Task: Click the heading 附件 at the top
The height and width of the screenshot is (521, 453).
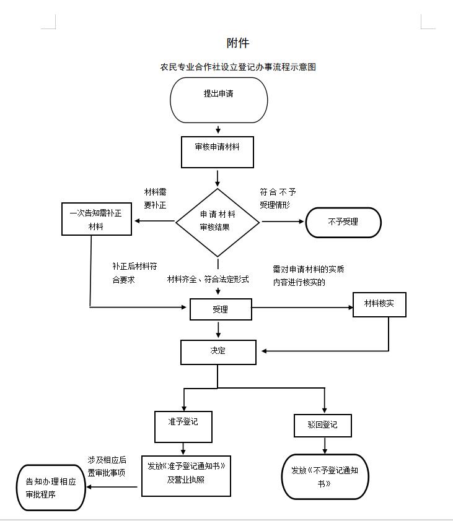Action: click(x=237, y=43)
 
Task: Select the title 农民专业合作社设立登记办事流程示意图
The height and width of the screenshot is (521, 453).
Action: click(x=238, y=67)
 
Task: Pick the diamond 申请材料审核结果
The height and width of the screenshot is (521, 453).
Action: click(x=218, y=222)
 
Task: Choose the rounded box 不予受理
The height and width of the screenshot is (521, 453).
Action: click(x=343, y=222)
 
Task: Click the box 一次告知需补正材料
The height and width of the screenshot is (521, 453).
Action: click(x=96, y=219)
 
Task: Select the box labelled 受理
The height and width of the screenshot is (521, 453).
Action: click(x=221, y=309)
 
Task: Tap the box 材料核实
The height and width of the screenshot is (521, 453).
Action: click(x=379, y=304)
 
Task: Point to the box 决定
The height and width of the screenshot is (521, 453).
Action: click(x=218, y=351)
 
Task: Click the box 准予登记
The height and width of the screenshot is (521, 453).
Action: click(x=183, y=426)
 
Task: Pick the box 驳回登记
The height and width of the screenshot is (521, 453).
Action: click(x=323, y=425)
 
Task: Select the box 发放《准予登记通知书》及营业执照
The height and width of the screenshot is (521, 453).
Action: click(x=186, y=475)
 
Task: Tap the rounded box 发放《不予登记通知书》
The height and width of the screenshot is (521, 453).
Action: click(x=325, y=476)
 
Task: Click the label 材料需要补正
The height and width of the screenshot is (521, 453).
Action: click(x=156, y=199)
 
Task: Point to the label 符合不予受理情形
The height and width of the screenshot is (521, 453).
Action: click(x=278, y=199)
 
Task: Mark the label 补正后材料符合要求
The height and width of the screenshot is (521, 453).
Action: click(x=134, y=273)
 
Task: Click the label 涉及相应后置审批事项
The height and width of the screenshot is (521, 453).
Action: click(x=107, y=466)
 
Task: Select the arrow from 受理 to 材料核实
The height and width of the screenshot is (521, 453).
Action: click(x=302, y=308)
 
